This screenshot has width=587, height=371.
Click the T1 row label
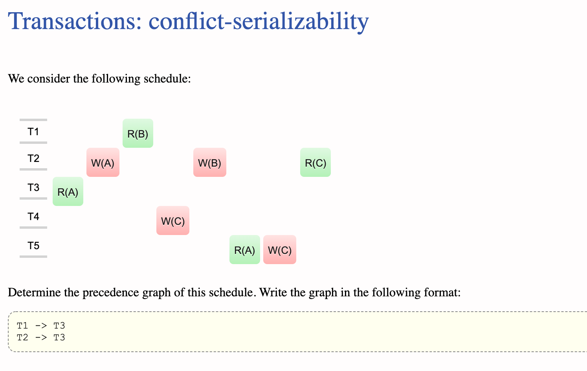(x=33, y=132)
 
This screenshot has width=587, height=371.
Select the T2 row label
(x=33, y=158)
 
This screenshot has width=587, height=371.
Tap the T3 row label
(x=33, y=187)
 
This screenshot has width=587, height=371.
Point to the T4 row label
(x=33, y=217)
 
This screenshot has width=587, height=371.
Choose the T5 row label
(x=33, y=246)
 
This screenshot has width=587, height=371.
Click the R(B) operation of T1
(x=138, y=134)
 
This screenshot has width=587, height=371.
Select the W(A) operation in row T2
(x=103, y=163)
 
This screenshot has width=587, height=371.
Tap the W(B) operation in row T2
(x=210, y=163)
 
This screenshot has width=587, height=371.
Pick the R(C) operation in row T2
(x=316, y=163)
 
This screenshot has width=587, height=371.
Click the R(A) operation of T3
(x=68, y=192)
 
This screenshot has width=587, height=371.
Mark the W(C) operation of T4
(x=173, y=221)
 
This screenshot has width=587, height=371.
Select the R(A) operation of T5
(x=245, y=250)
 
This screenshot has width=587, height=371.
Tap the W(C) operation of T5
(x=280, y=250)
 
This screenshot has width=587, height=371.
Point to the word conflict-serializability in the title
(x=259, y=21)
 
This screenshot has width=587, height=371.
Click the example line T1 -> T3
(x=41, y=325)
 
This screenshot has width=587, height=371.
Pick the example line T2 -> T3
(x=41, y=337)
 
